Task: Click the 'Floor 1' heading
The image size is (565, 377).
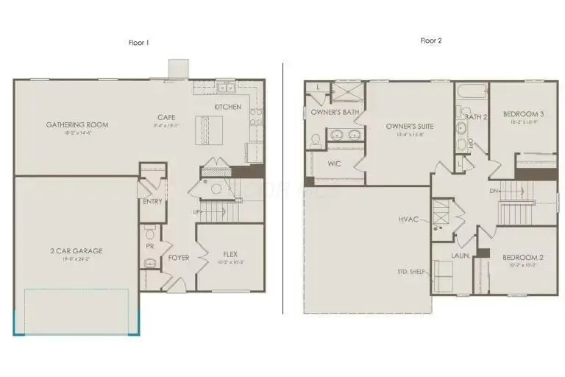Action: (139, 42)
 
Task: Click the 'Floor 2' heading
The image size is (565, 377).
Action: (430, 41)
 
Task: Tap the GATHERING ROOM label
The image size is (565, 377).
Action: (77, 124)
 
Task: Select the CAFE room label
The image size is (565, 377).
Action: (166, 117)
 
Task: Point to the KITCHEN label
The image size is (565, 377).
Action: (227, 108)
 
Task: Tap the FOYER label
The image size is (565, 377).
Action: (179, 258)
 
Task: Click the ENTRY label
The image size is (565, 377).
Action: (152, 201)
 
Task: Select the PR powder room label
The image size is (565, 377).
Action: (149, 245)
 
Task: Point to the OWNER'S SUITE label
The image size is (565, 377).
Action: (410, 127)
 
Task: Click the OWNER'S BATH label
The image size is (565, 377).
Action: (335, 113)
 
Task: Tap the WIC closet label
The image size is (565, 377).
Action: (335, 163)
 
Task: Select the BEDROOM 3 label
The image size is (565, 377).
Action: (523, 114)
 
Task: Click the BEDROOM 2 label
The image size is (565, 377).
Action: (523, 258)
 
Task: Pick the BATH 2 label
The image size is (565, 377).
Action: (476, 116)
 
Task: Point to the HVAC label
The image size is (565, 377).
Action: (408, 219)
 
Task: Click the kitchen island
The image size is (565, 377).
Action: (213, 133)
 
